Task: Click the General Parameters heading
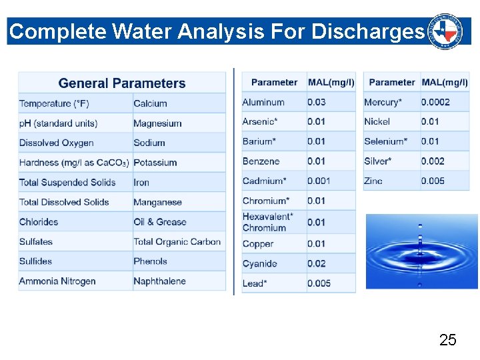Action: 122,83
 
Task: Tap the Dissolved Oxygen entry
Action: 57,143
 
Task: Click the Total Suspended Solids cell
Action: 67,182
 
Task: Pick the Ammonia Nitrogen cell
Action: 57,281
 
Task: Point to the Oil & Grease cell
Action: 160,221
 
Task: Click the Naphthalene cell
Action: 159,281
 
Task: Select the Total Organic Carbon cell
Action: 177,241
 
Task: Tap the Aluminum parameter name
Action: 263,102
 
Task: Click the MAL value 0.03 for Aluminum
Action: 317,102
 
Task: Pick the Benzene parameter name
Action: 261,161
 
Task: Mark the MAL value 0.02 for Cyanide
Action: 317,263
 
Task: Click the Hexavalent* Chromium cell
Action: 267,222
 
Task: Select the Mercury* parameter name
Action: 383,102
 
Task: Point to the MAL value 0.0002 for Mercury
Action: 435,102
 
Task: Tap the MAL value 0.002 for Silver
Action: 433,161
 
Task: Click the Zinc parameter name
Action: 373,181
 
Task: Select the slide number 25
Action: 448,340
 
